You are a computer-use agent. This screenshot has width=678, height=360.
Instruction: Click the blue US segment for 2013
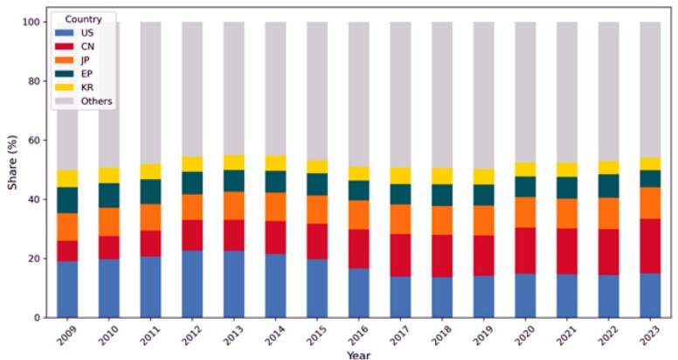coord(234,284)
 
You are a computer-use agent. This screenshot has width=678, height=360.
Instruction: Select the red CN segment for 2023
coord(650,246)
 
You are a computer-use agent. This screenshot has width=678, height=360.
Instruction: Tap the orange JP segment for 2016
coord(359,215)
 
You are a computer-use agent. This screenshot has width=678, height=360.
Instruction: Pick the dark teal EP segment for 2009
coord(67,200)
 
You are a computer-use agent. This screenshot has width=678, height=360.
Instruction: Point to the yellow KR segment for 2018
coord(442,177)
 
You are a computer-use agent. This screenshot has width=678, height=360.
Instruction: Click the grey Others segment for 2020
coord(525,92)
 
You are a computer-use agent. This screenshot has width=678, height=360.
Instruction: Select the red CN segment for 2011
coord(150,244)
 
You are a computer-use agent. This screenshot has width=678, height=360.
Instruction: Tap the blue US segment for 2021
coord(567,296)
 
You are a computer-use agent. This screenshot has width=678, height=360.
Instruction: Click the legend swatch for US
coord(65,33)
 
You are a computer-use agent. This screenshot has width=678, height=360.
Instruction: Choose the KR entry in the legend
coord(87,87)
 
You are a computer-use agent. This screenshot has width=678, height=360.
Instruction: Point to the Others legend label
coord(96,101)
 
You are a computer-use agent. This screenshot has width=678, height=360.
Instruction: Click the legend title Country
coord(84,19)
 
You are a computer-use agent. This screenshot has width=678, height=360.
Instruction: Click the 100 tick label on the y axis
coord(32,22)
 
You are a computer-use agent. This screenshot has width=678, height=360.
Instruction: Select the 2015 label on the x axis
coord(316,336)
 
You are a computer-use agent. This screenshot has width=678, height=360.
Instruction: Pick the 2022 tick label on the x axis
coord(608,336)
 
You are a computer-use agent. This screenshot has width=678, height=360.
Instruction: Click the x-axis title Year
coord(358,356)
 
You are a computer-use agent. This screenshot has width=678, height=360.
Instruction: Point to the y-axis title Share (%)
coord(12,163)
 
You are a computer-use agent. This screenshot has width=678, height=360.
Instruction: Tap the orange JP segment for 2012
coord(192,207)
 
